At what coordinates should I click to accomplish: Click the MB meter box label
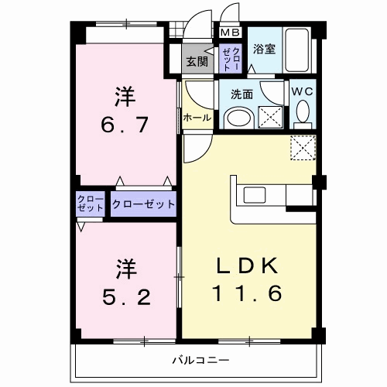tap(231, 33)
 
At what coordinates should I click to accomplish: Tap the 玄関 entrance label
tap(197, 61)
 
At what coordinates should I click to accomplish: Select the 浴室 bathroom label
tap(264, 49)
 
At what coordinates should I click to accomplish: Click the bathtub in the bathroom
tap(296, 50)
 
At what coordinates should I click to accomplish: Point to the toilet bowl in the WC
tap(303, 111)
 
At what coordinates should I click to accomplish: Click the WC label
tap(303, 91)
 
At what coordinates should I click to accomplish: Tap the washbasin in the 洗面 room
tap(239, 119)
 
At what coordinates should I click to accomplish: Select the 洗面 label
tap(241, 94)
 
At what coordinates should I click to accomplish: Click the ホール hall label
tap(197, 118)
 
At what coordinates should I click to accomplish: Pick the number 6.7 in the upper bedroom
tap(125, 125)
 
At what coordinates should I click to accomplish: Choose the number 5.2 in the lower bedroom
tap(126, 297)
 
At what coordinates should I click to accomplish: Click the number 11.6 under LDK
tap(246, 293)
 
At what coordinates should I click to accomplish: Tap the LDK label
tap(247, 265)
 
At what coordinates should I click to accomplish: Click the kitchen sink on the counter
tap(255, 195)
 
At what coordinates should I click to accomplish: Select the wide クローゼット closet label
tap(143, 204)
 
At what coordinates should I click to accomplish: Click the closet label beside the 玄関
tap(231, 59)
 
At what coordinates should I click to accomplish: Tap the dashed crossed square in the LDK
tap(303, 148)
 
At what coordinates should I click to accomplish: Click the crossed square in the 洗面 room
tap(270, 117)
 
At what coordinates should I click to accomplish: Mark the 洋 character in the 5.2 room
tap(126, 269)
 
